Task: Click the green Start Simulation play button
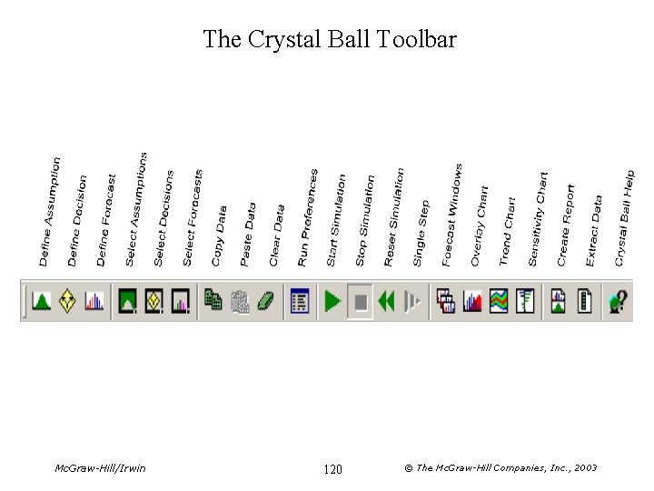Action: [332, 301]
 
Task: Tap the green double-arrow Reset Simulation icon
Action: [387, 301]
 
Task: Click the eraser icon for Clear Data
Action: [267, 301]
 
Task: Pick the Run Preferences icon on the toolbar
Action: [300, 301]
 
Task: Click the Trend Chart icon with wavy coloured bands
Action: [498, 301]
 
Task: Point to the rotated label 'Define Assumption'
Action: [51, 212]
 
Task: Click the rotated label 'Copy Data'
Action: [220, 235]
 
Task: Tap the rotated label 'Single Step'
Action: [421, 233]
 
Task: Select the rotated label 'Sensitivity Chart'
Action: [538, 219]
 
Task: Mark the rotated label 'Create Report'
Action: [566, 225]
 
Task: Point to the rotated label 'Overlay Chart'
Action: [479, 225]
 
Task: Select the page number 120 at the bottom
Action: [332, 469]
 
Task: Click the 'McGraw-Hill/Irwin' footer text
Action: [100, 468]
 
